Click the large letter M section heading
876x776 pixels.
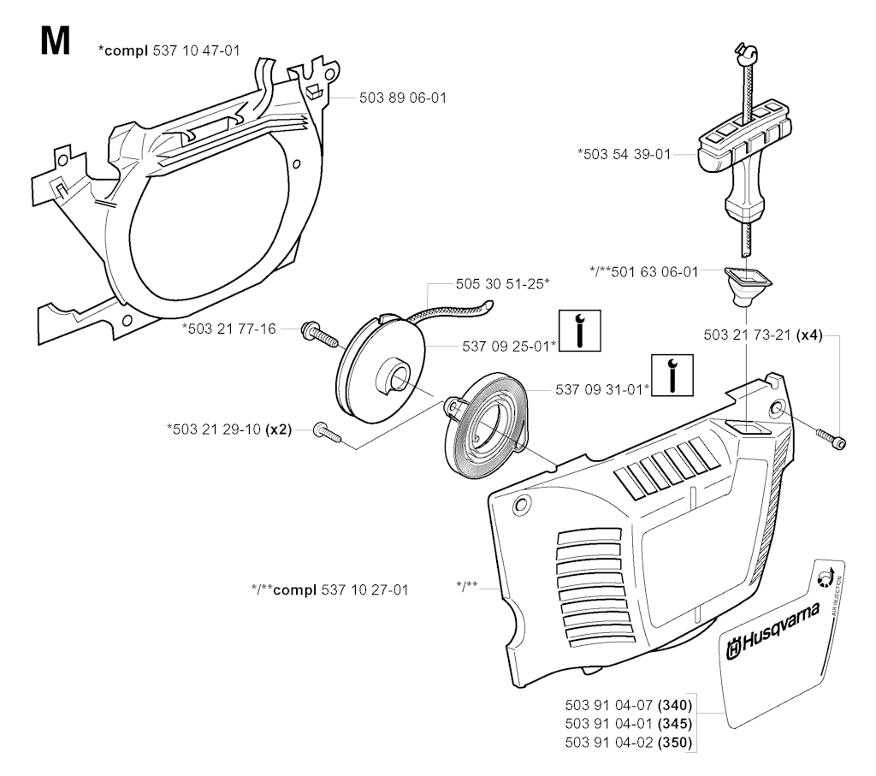[x=56, y=41]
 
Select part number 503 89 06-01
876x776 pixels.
[x=403, y=98]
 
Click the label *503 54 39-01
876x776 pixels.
[x=624, y=154]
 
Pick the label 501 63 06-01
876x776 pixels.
[x=643, y=272]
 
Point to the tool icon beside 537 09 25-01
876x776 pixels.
[x=580, y=331]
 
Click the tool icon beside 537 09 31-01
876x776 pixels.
[x=672, y=375]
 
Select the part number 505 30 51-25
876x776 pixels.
[x=502, y=284]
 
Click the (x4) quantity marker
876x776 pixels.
[x=809, y=335]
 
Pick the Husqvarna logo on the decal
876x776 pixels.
[x=773, y=631]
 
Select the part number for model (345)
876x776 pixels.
[x=629, y=724]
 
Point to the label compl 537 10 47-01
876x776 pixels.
[x=169, y=50]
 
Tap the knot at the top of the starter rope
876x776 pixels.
[x=746, y=53]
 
